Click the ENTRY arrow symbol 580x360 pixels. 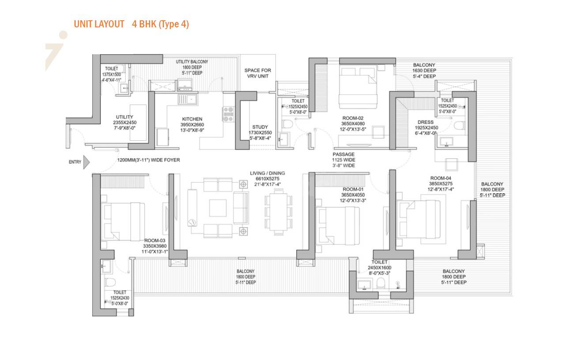pos(87,162)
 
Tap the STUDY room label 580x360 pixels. pos(260,127)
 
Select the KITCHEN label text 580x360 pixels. pos(192,119)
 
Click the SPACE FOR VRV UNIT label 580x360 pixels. pos(258,73)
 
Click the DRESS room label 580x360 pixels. pos(426,122)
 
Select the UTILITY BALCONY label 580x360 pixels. pos(192,62)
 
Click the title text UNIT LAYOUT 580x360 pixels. pos(99,24)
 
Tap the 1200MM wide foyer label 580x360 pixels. pos(148,160)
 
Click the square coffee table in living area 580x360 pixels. pos(218,207)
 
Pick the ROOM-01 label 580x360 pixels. pos(353,189)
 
